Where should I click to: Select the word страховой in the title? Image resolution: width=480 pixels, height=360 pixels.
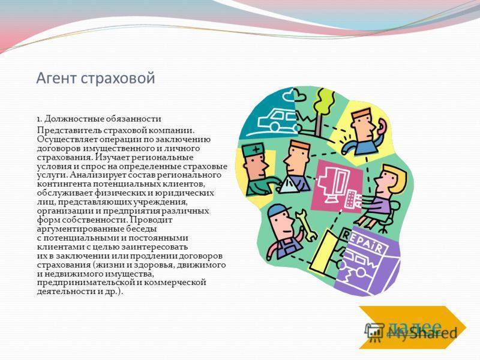(118, 78)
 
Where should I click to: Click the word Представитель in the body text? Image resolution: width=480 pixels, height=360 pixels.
(69, 130)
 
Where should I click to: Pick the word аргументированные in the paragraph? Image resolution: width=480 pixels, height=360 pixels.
(97, 229)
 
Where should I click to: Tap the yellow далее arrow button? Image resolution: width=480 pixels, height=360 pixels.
(412, 327)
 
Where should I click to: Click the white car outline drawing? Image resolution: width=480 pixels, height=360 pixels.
(278, 121)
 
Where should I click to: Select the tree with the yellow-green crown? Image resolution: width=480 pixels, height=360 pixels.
(323, 110)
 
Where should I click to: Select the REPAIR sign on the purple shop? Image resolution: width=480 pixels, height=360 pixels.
(362, 242)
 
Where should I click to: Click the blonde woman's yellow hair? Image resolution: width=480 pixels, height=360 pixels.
(397, 178)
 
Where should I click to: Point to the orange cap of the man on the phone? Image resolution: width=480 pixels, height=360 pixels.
(362, 115)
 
